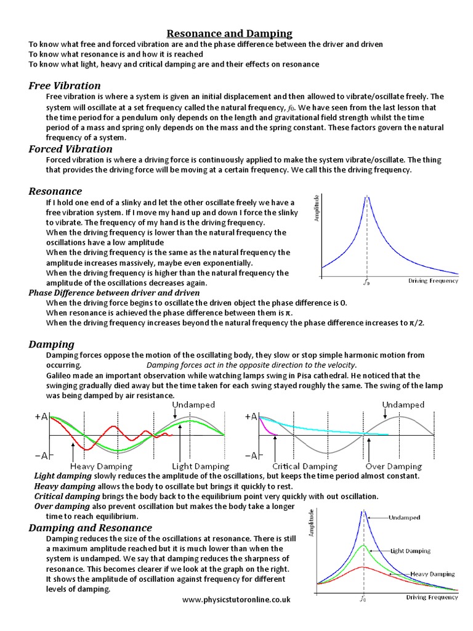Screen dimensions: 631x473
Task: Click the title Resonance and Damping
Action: click(230, 33)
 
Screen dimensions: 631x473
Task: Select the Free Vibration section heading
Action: click(65, 86)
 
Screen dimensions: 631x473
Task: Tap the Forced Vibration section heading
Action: click(70, 149)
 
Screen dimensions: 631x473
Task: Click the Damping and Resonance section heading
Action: click(90, 528)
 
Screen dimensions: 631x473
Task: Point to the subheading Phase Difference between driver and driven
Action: click(114, 293)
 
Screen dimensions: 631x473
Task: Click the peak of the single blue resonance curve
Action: click(368, 197)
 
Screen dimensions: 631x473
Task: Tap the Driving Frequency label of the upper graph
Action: click(433, 281)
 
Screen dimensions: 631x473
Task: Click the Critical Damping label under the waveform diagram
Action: click(305, 466)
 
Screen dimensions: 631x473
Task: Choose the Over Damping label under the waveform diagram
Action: click(394, 466)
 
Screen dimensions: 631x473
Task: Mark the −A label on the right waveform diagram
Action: click(250, 455)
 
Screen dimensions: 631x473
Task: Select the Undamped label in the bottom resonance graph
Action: click(405, 518)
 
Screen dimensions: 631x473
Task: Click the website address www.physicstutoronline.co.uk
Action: click(236, 600)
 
